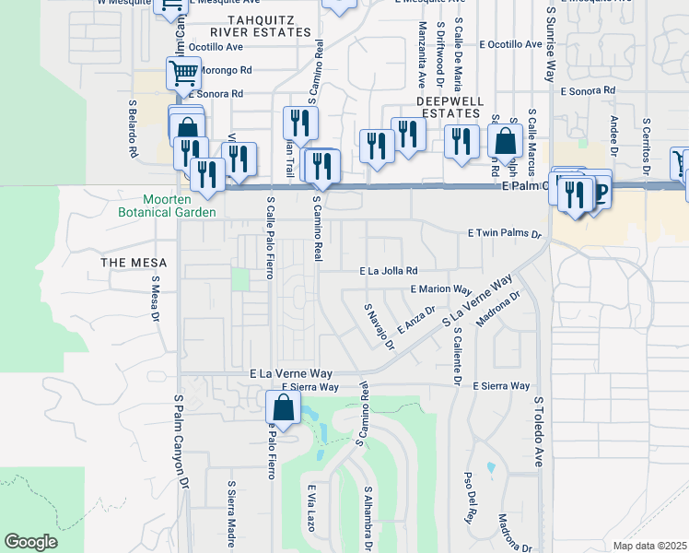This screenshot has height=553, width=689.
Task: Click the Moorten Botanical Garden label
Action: coord(179,206)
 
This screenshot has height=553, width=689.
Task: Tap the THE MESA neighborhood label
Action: coord(134,263)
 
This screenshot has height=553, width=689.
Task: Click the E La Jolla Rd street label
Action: coord(389,271)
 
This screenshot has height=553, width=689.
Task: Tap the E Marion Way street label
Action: coord(440,288)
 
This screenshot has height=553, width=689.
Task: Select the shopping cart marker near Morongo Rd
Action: coord(183,71)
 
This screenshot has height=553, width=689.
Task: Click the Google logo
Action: coord(30,542)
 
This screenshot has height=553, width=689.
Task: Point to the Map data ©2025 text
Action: coord(649,546)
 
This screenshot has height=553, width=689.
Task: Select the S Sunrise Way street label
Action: coord(551,41)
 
